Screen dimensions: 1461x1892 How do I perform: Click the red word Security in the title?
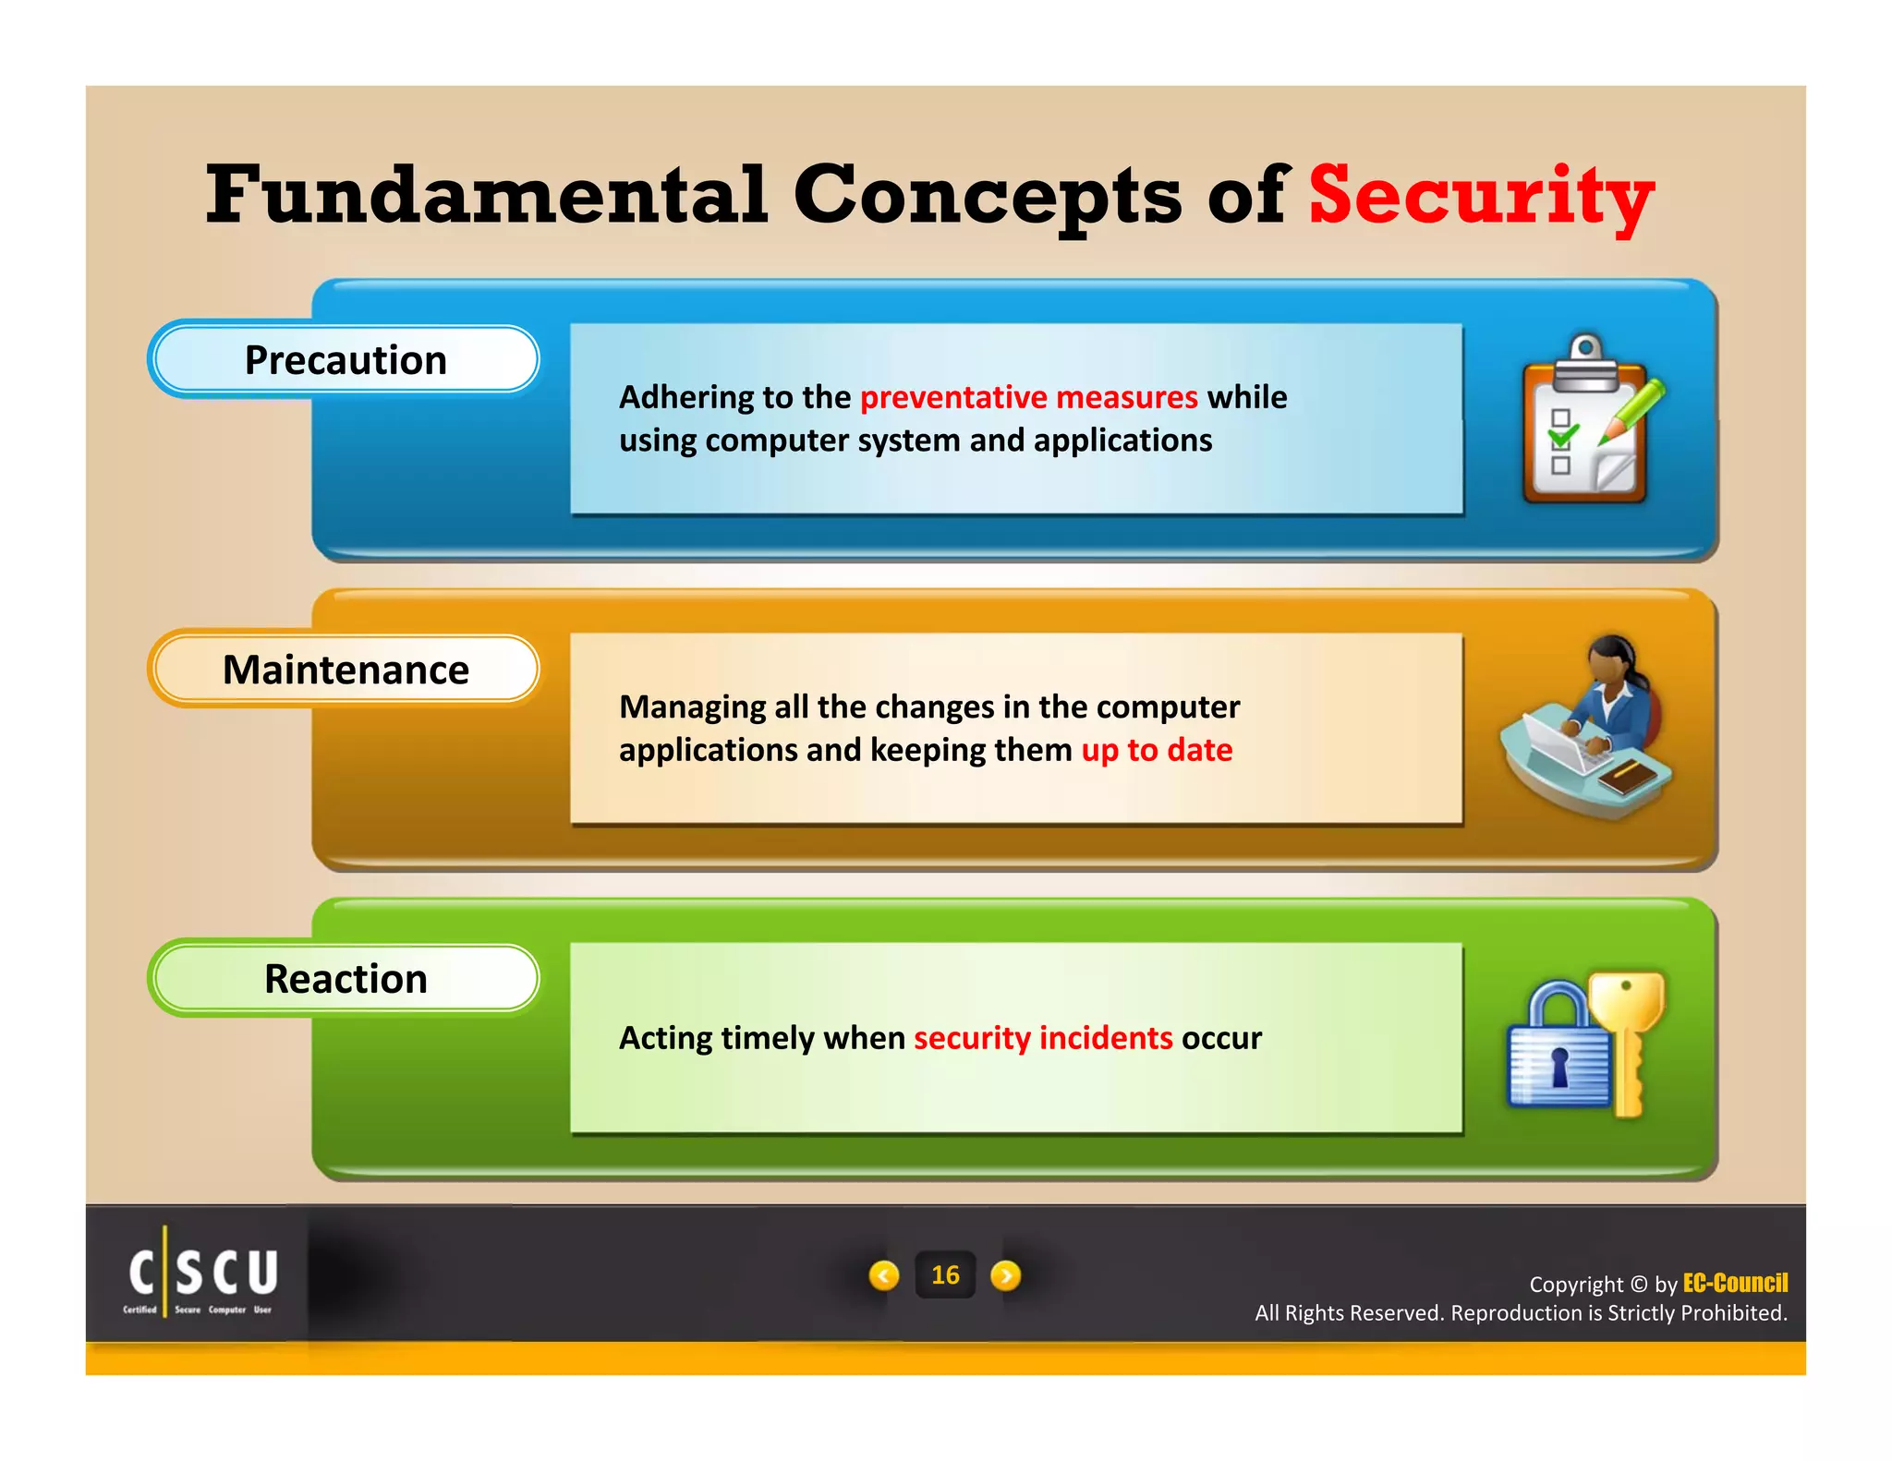click(1480, 196)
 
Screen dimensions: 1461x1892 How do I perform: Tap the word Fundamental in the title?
click(486, 196)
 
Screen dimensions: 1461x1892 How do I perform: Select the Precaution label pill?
click(345, 360)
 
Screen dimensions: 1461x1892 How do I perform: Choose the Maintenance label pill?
click(345, 670)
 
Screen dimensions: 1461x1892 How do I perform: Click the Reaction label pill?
click(345, 979)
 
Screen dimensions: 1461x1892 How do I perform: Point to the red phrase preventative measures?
click(1028, 397)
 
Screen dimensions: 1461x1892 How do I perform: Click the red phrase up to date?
click(1157, 750)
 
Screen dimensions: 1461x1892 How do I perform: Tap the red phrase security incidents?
click(1043, 1038)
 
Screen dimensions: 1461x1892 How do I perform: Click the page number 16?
click(945, 1275)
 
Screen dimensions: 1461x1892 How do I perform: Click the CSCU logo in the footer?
click(202, 1274)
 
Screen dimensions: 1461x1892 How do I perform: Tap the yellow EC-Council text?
click(1734, 1283)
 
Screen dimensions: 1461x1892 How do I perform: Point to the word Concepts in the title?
click(987, 196)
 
